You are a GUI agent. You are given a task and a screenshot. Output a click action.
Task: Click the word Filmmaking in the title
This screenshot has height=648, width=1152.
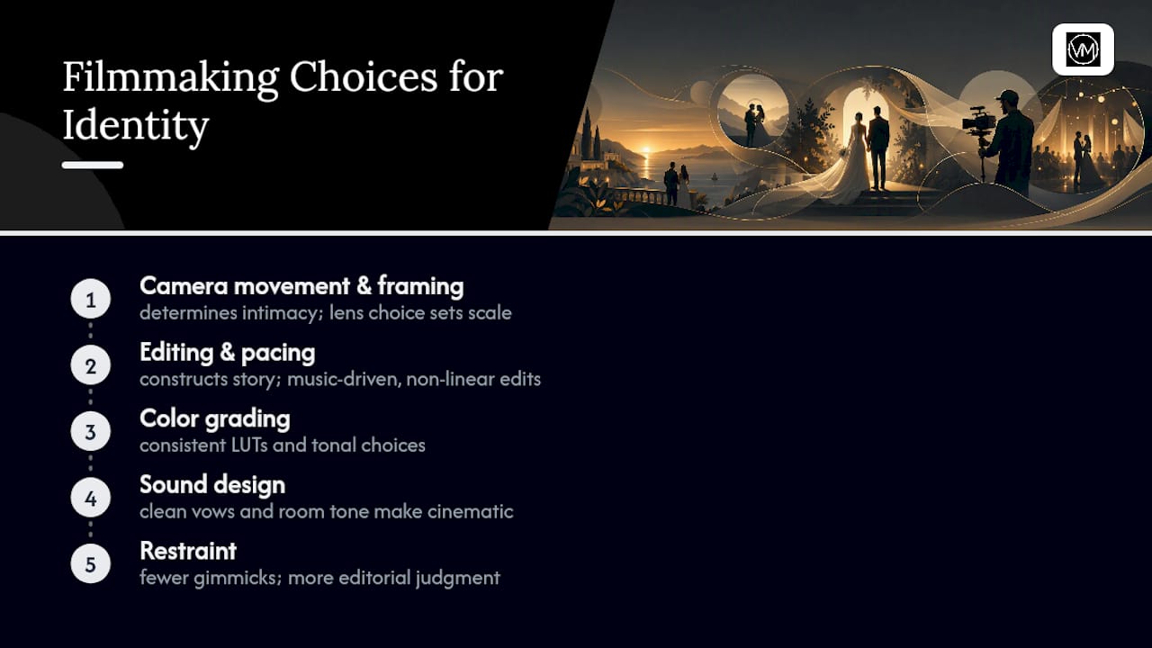coord(171,78)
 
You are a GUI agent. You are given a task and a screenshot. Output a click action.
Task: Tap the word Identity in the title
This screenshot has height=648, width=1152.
coord(136,125)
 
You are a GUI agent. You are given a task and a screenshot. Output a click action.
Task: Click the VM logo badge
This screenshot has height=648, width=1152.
coord(1083,49)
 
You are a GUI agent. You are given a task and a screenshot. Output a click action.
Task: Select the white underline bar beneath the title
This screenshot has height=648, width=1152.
coord(93,165)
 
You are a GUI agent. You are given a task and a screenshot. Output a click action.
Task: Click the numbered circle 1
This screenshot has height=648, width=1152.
coord(91,299)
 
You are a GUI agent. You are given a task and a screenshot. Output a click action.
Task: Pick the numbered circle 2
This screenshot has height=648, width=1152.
coord(91,365)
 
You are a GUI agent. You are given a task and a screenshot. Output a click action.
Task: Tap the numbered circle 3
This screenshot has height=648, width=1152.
coord(91,431)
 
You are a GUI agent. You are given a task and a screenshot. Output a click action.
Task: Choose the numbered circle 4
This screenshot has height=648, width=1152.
coord(91,498)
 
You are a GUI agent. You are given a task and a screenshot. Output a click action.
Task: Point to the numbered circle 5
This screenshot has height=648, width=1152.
coord(91,564)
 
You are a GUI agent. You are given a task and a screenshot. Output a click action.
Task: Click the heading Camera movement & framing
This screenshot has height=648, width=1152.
coord(301,286)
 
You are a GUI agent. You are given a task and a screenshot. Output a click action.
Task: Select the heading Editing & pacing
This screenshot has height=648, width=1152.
coord(228,353)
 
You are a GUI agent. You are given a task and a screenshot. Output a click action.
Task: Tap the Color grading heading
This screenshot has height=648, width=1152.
coord(215,419)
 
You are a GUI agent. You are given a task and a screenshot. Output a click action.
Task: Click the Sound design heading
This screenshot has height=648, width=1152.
coord(212,485)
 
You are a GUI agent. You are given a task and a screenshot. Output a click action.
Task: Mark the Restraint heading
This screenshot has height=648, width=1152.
coord(188,551)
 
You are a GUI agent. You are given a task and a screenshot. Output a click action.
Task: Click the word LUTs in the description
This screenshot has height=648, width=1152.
coord(249,445)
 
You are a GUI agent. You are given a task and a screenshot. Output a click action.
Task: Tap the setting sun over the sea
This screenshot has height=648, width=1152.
coord(647,151)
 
